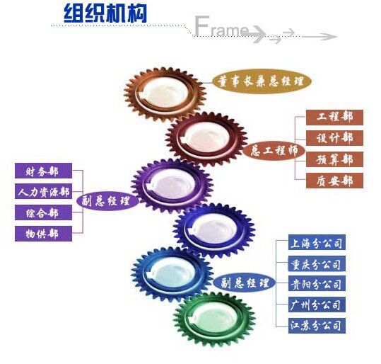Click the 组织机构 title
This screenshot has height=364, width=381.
pos(105,14)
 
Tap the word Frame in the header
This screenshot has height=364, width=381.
pos(222,27)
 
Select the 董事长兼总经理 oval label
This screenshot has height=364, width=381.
pos(262,81)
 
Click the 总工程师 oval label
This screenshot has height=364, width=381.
pos(274,150)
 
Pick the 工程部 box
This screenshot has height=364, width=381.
pos(334,118)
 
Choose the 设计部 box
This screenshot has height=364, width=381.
pos(334,138)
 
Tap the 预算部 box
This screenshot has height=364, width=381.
pos(334,159)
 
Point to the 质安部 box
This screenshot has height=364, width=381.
pos(334,181)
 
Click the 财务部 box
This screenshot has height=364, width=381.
pos(43,171)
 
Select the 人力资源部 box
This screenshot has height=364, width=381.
pos(43,191)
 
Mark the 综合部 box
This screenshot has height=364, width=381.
pos(43,212)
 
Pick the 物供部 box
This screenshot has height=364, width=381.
pos(43,234)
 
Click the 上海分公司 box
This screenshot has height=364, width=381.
pos(317,242)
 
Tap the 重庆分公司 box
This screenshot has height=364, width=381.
pos(317,263)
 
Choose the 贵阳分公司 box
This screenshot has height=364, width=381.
pos(317,284)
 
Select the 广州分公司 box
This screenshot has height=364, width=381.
pos(317,305)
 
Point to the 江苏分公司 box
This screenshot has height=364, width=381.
pos(317,326)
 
